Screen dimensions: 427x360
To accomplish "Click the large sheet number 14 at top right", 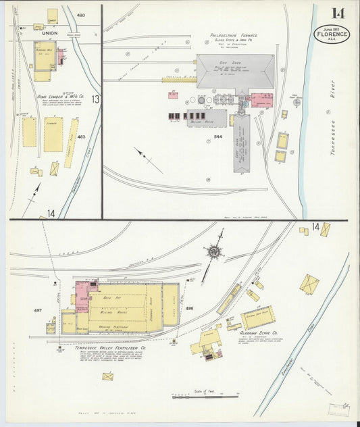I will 338,13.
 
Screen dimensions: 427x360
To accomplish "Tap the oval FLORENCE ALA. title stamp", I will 332,34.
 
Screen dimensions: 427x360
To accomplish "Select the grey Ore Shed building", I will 235,71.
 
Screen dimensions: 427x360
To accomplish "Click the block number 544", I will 217,136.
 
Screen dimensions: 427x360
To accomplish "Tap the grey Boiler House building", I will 208,118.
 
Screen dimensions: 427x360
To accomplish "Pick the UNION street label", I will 50,32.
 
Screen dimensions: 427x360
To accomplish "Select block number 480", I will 81,15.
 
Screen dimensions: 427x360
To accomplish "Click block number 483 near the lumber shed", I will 81,136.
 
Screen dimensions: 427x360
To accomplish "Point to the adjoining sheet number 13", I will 95,99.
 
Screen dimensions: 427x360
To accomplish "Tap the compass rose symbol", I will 214,251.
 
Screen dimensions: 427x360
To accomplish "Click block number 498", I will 189,308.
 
